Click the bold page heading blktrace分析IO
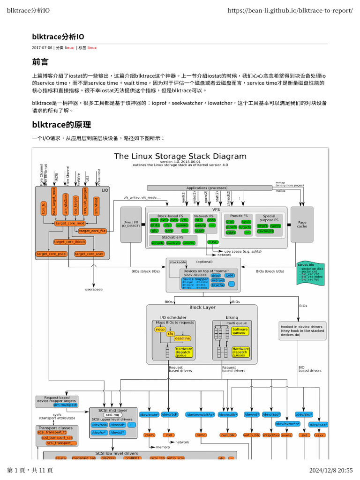click(58, 37)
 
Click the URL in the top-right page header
click(291, 10)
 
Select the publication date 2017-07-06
click(42, 48)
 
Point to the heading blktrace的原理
click(61, 125)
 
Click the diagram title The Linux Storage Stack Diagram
click(180, 156)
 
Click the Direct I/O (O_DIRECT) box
click(131, 224)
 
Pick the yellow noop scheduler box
click(160, 329)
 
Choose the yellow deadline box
click(182, 338)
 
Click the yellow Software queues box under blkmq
click(240, 331)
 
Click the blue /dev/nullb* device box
click(227, 414)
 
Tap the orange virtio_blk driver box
click(252, 435)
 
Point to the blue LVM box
click(229, 275)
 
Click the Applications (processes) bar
click(210, 188)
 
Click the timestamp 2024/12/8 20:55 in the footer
click(331, 470)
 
